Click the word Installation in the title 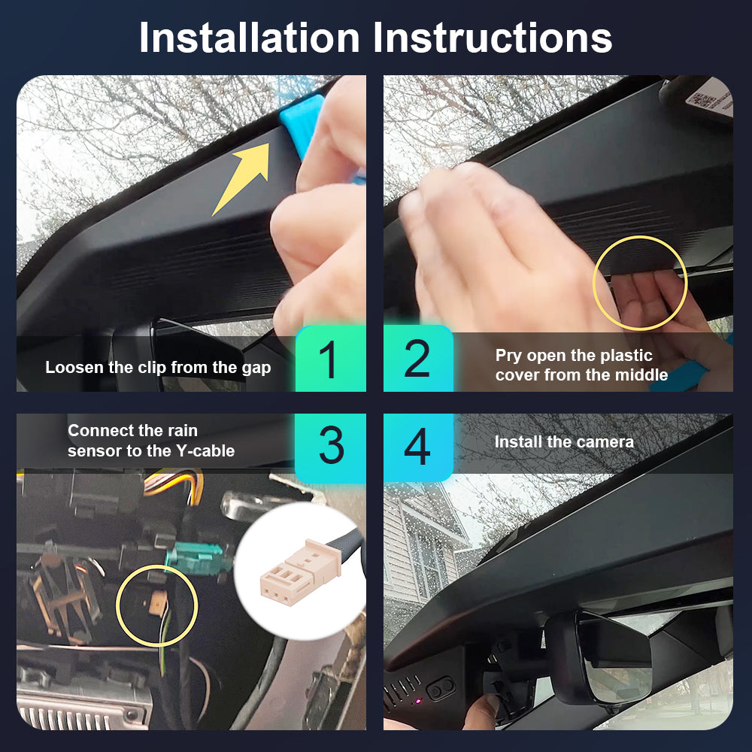click(x=250, y=38)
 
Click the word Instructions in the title click(x=493, y=38)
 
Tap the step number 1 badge click(x=330, y=358)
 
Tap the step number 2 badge click(x=418, y=358)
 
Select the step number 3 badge click(x=330, y=447)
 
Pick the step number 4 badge click(x=418, y=447)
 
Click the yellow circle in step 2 click(x=593, y=283)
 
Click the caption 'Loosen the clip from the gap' click(x=158, y=368)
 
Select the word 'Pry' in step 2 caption click(x=509, y=356)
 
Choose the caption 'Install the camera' click(x=564, y=441)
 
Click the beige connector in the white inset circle click(x=301, y=572)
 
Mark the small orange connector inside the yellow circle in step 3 click(x=157, y=602)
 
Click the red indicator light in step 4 click(x=418, y=701)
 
